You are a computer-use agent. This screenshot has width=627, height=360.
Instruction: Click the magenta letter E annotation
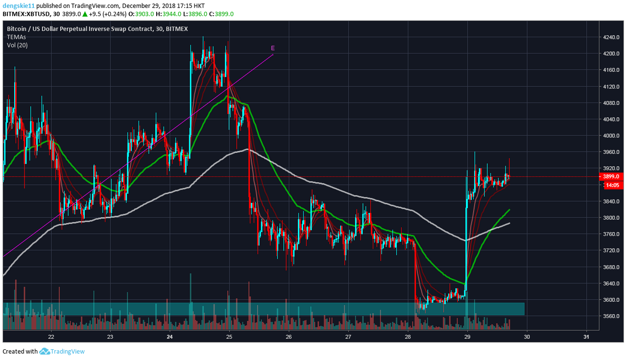[273, 48]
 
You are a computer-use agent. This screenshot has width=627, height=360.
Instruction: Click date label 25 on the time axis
[229, 336]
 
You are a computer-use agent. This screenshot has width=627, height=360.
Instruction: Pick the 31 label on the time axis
[586, 336]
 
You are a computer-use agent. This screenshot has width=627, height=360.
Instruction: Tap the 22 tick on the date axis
[51, 336]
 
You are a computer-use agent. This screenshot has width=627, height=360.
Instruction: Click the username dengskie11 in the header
[18, 6]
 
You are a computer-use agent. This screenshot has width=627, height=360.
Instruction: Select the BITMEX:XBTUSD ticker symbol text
[25, 14]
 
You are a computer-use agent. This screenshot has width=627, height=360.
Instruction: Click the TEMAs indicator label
[16, 37]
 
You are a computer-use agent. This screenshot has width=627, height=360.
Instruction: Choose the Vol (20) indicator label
[17, 45]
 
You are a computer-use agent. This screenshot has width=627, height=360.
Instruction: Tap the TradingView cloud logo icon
[45, 351]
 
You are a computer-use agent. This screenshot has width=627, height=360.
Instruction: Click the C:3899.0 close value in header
[221, 14]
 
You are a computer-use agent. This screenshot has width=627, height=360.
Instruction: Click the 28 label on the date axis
[408, 336]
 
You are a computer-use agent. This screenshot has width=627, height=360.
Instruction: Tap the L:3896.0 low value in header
[194, 14]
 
